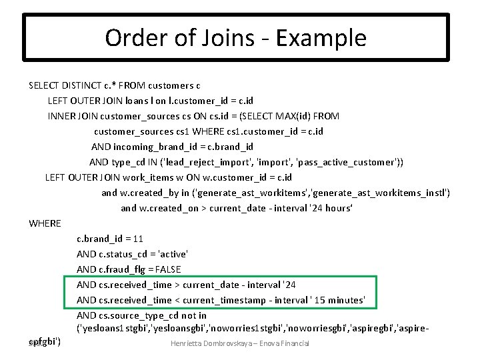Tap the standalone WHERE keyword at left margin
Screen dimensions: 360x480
[45, 223]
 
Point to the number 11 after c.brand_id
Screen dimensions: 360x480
[138, 239]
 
